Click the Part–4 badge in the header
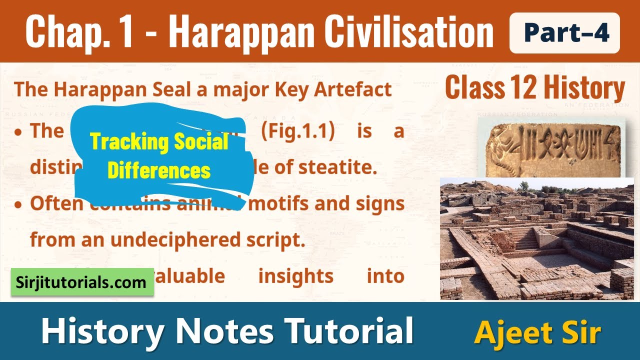pyautogui.click(x=564, y=33)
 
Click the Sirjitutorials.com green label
pyautogui.click(x=82, y=282)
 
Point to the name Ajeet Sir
pyautogui.click(x=537, y=332)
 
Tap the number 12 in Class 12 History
pyautogui.click(x=518, y=88)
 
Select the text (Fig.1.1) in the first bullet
pyautogui.click(x=297, y=131)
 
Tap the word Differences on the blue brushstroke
pyautogui.click(x=159, y=171)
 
